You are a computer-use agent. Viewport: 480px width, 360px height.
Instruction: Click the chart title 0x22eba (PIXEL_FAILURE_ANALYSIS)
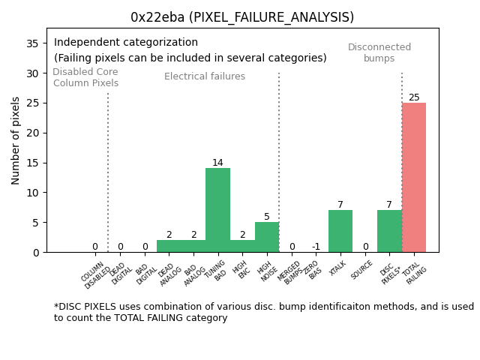241,17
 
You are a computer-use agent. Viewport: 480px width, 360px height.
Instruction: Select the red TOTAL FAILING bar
414,178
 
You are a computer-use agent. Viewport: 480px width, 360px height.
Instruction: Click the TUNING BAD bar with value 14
217,210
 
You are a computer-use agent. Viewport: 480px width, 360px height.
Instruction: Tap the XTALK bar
340,231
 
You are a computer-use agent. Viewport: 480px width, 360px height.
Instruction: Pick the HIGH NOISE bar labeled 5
267,237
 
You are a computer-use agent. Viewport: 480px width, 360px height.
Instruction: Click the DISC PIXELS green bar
389,231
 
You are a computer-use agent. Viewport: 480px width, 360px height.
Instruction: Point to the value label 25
414,97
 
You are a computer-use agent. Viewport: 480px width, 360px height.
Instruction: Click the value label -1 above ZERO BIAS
316,247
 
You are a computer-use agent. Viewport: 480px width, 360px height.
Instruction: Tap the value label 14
217,163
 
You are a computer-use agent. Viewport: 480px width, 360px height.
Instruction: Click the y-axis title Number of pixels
16,140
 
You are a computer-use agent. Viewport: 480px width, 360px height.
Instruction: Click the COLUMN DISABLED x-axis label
95,275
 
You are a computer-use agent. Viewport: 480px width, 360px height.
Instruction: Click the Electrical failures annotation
205,76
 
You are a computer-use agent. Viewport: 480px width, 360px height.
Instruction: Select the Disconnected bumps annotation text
379,52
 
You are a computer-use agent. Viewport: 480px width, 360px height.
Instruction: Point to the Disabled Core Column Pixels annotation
85,77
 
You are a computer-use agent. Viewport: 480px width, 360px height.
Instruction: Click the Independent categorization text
126,43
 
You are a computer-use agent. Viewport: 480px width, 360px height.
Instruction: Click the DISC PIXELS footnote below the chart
262,312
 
